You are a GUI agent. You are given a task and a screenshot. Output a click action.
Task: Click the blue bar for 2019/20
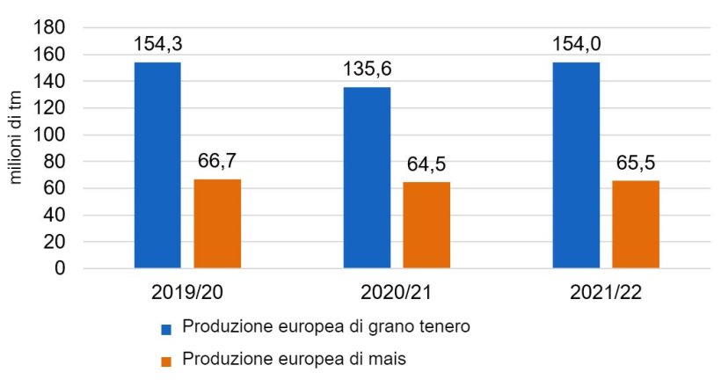[x=157, y=164]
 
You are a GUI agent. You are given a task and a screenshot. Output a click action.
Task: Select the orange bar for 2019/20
[x=217, y=223]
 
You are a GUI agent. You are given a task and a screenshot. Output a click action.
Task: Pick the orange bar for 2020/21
[x=426, y=224]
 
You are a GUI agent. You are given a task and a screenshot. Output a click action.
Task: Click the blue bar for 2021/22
[x=576, y=164]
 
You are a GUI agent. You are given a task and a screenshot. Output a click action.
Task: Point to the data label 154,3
[x=157, y=44]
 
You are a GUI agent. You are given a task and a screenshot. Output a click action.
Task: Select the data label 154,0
[x=576, y=44]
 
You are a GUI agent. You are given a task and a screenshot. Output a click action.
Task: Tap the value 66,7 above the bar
[x=217, y=161]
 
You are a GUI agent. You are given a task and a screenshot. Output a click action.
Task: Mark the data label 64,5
[x=426, y=164]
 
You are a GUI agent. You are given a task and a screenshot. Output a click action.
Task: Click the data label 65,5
[x=636, y=163]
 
